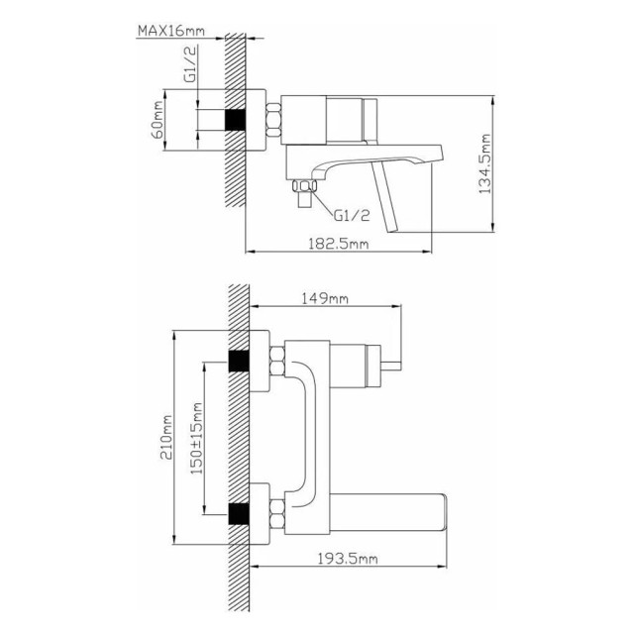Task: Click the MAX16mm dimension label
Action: (x=171, y=31)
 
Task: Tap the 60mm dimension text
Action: (x=158, y=120)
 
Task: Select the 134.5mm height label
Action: (x=484, y=163)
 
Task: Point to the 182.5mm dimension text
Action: (x=339, y=244)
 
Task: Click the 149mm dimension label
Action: (x=325, y=299)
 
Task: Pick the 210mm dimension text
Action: (x=166, y=437)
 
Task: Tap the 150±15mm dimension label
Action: (x=196, y=438)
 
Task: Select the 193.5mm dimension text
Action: (x=348, y=559)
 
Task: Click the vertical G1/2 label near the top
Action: (x=190, y=63)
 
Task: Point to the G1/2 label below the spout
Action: (x=352, y=216)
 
